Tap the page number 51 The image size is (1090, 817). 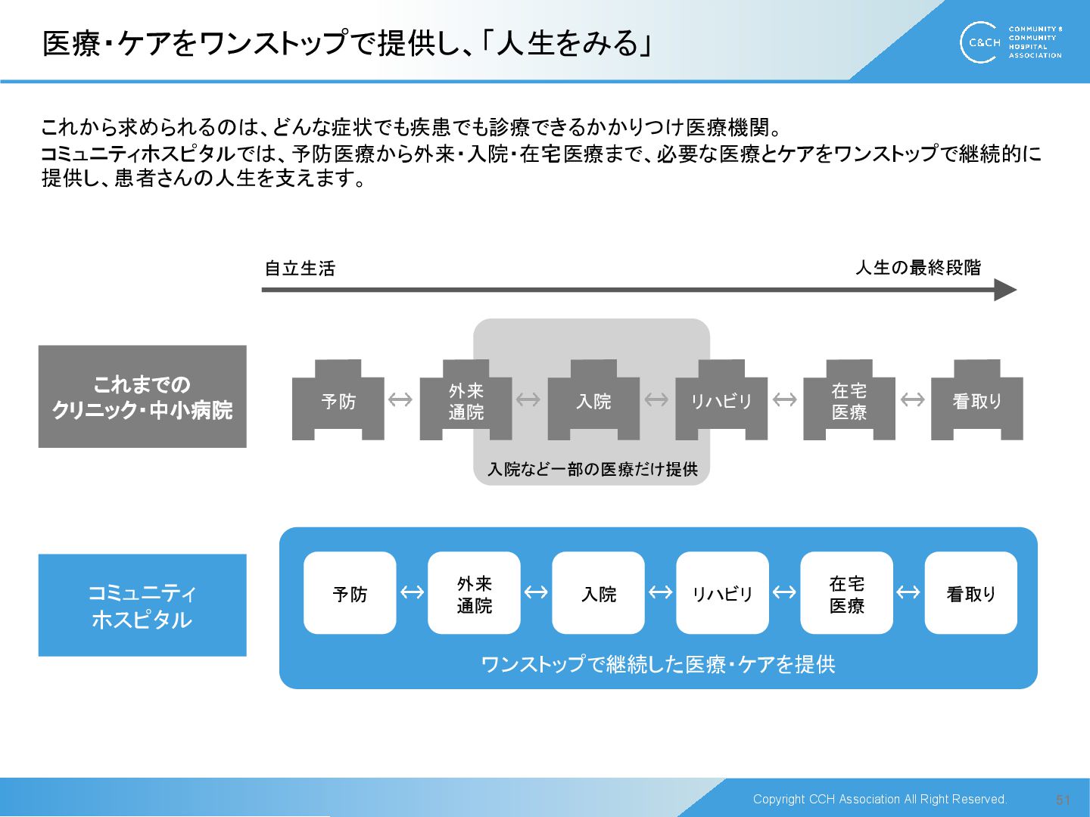pos(1063,800)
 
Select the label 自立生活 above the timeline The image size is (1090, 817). pos(300,269)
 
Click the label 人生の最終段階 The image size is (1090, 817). pos(918,268)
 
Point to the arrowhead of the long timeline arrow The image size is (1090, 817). pos(1005,290)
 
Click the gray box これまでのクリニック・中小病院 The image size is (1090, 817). pos(142,396)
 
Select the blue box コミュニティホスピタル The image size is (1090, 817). pos(142,605)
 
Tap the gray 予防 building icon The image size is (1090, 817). pos(338,400)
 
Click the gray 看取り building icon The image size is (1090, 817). pos(976,400)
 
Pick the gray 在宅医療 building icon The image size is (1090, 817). pos(849,400)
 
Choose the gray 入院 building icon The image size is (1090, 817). pos(593,400)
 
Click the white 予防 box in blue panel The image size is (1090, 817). pos(350,593)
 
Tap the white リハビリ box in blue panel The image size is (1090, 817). pos(722,593)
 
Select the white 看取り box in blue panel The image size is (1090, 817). pos(970,593)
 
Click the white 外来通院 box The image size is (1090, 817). pos(474,593)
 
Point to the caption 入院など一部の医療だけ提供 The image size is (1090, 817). pos(593,470)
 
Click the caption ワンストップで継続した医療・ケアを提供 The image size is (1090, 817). pos(658,664)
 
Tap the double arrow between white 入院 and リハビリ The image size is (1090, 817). pos(660,592)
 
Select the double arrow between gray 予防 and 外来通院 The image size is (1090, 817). pos(400,399)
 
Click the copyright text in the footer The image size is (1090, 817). pos(880,800)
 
